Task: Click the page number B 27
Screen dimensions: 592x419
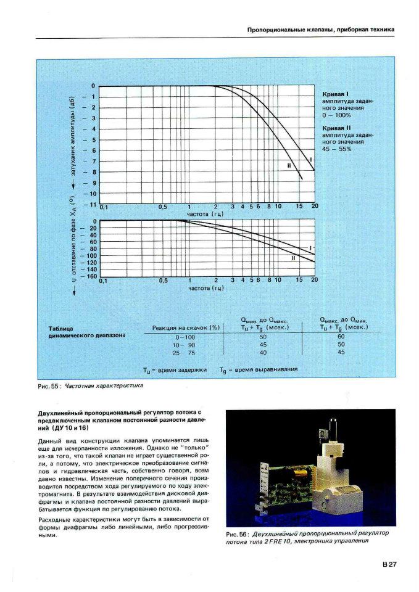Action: point(388,564)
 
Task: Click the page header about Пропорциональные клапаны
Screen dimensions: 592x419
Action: point(320,30)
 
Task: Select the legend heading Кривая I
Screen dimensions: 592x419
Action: point(336,94)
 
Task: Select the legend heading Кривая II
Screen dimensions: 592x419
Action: point(338,128)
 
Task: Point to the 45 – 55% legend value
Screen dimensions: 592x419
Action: point(336,149)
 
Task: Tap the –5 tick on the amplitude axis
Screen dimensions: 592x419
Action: point(93,139)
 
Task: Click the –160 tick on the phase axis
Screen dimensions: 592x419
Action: point(90,276)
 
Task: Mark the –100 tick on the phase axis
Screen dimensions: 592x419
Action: point(90,255)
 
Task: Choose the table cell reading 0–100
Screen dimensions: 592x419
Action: point(185,337)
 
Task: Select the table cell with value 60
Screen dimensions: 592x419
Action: point(341,337)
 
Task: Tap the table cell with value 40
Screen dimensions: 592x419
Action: point(263,352)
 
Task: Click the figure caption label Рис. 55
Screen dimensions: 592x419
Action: point(49,386)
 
